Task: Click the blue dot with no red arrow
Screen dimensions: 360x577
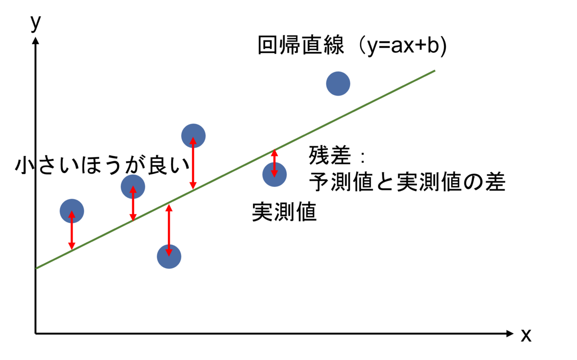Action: tap(338, 84)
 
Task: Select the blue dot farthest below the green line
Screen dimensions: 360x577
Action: tap(169, 257)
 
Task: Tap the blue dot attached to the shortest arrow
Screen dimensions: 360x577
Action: tap(275, 174)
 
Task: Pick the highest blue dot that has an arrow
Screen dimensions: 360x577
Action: tap(193, 136)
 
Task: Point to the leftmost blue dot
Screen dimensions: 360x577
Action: tap(72, 211)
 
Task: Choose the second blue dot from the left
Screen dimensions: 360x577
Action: tap(133, 186)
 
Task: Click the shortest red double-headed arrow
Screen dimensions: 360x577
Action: tap(275, 163)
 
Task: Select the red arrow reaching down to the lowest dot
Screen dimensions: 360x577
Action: tap(169, 230)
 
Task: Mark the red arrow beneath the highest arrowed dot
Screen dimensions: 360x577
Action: tap(193, 163)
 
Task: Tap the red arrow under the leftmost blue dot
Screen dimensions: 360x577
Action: tap(72, 231)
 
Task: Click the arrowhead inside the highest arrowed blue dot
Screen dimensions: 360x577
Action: tap(193, 141)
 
